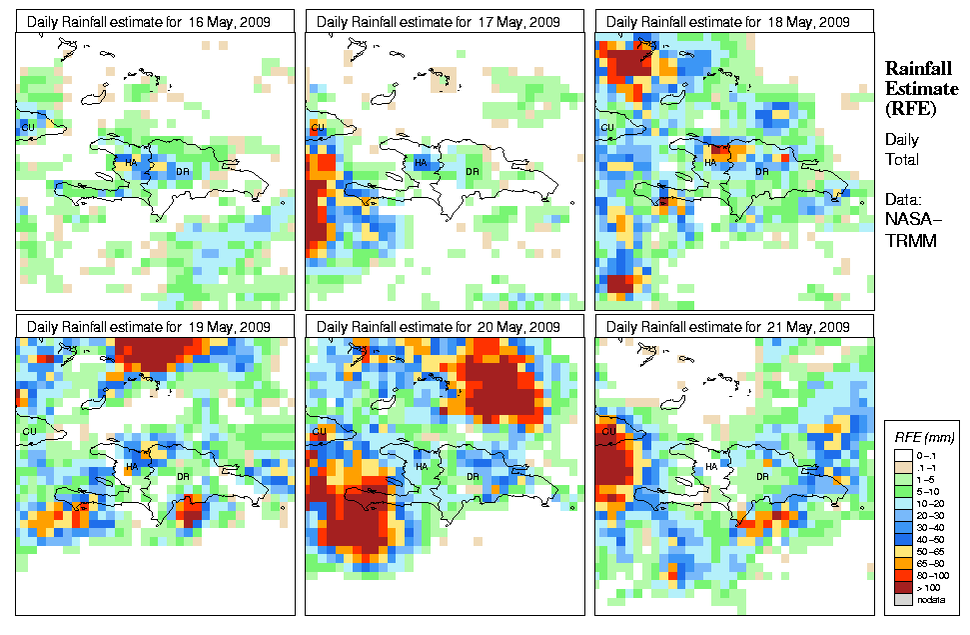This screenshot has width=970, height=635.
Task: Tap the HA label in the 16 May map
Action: [x=131, y=162]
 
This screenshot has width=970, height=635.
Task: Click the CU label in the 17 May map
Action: [x=319, y=128]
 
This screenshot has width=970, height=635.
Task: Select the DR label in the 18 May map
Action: [x=761, y=171]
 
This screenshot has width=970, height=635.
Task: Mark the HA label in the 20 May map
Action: [x=421, y=467]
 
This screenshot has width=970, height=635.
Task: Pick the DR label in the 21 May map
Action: [x=761, y=476]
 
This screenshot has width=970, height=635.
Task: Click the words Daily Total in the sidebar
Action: [x=902, y=149]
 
